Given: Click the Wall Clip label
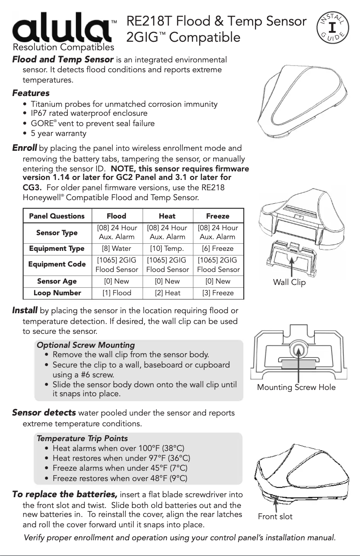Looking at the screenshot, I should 289,282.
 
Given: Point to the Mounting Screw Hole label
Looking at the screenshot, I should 296,387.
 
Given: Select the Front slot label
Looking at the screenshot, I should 275,517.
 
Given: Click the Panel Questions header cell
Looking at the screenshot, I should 57,216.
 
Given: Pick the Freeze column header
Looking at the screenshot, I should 218,216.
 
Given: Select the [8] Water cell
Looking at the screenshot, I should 117,248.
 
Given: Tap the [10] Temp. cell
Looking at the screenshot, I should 167,248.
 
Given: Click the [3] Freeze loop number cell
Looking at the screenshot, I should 218,293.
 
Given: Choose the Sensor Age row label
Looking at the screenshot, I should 57,281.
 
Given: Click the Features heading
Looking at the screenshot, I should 31,93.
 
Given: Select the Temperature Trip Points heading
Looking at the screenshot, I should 82,438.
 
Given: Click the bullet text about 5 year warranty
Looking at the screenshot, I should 58,133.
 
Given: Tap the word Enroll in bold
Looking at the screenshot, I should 24,148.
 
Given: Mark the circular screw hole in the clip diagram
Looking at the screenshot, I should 297,349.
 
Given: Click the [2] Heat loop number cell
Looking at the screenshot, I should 167,293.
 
